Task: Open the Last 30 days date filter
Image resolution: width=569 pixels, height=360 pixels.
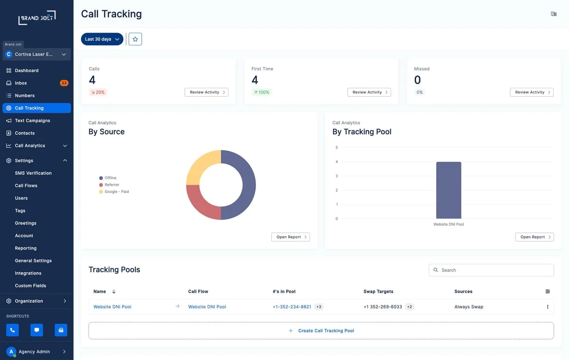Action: click(x=102, y=39)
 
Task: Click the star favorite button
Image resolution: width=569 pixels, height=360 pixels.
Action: click(x=135, y=39)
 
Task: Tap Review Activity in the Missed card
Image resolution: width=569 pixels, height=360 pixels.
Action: click(x=532, y=92)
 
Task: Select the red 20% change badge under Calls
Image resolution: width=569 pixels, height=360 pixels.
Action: click(x=98, y=92)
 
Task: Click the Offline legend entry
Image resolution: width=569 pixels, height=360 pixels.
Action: click(x=108, y=178)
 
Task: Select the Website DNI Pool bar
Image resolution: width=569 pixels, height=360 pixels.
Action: click(x=449, y=190)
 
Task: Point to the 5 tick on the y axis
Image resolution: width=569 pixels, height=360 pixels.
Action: click(x=337, y=148)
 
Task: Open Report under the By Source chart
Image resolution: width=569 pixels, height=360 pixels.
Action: click(x=291, y=237)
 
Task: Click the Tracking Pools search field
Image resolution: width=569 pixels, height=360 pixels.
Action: click(x=491, y=270)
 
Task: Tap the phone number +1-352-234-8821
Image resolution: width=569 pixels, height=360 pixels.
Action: click(x=292, y=307)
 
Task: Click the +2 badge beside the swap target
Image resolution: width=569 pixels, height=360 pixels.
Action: click(x=410, y=307)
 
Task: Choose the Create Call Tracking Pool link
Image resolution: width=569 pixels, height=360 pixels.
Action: click(x=326, y=331)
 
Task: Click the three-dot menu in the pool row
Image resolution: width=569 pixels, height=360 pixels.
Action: click(x=548, y=307)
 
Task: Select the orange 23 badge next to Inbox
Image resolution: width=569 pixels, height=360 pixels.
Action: click(x=64, y=83)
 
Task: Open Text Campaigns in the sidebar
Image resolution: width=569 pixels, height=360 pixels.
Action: click(x=33, y=120)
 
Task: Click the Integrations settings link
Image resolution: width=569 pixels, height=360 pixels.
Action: click(x=28, y=273)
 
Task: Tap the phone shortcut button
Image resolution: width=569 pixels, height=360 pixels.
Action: click(x=12, y=330)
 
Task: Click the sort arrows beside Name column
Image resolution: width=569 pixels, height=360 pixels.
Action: click(x=114, y=291)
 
